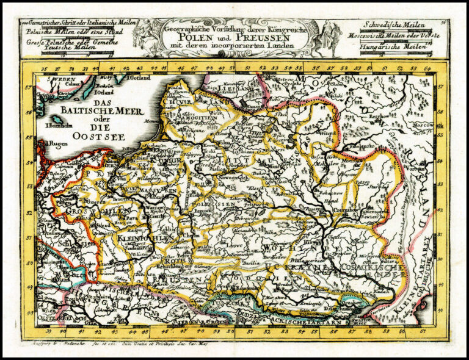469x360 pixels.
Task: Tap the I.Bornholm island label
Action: (58, 126)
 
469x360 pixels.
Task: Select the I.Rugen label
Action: (54, 144)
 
